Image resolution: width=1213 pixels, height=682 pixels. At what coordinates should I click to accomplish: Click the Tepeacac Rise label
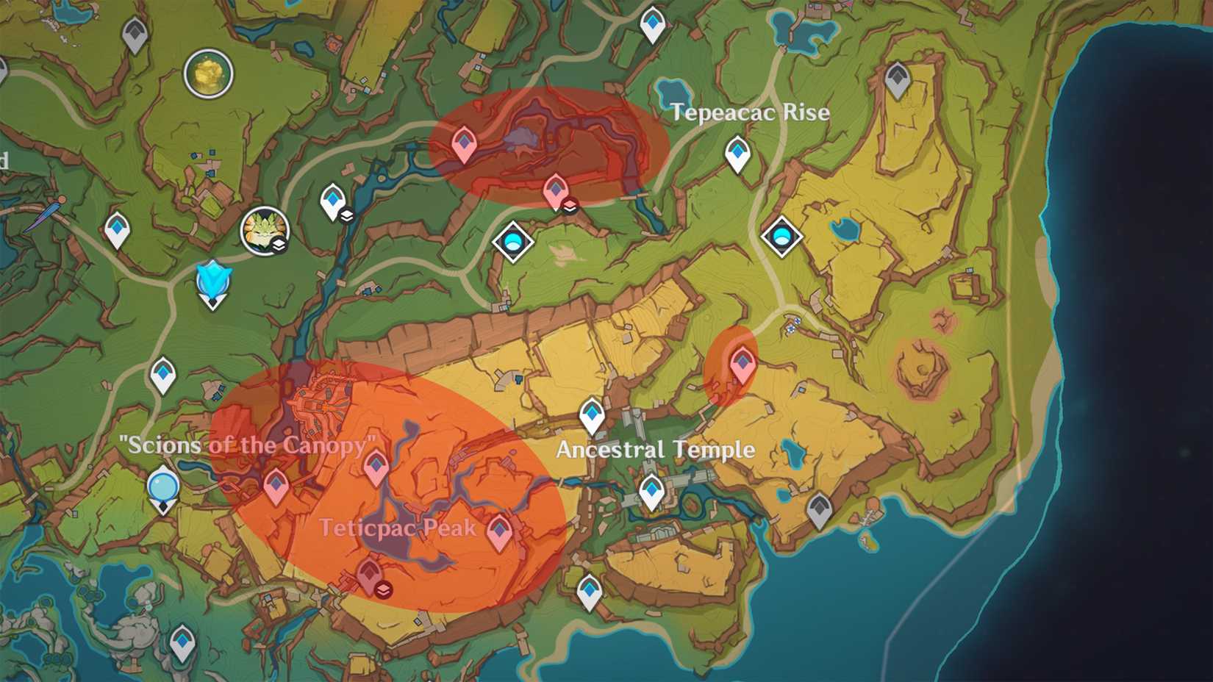750,112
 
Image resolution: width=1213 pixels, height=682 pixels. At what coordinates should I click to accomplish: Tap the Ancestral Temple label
655,449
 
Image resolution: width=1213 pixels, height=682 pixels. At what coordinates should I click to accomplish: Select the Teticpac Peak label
397,528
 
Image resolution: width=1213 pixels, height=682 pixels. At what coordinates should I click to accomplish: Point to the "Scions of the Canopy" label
248,445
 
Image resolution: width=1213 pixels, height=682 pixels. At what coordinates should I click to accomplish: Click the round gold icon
208,73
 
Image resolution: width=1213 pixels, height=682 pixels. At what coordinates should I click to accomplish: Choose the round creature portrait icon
265,230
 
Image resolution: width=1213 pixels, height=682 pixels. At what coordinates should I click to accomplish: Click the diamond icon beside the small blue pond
781,237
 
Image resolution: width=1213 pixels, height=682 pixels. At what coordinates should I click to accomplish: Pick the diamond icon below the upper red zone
512,241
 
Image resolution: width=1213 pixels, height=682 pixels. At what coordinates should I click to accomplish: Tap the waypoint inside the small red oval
743,364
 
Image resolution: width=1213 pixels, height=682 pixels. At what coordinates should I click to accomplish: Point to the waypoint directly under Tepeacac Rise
737,153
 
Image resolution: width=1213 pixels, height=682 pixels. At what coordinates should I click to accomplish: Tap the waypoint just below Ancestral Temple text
651,490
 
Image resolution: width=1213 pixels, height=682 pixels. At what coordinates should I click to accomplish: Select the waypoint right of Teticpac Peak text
500,531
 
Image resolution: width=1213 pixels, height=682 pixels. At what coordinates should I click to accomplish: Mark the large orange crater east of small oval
918,364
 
